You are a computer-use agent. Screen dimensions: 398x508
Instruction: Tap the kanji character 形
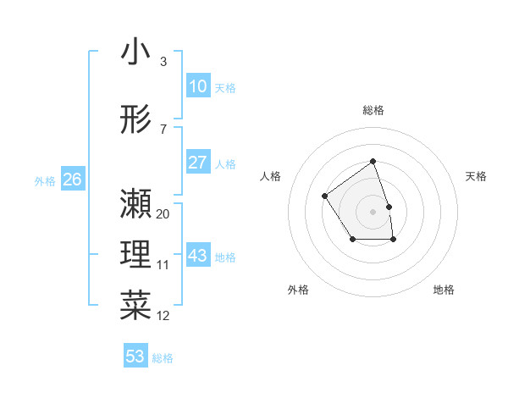coord(135,119)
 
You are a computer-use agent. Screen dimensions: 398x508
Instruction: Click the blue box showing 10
coord(198,86)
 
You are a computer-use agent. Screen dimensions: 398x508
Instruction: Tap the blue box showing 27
coord(198,163)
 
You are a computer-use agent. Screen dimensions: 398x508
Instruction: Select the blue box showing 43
coord(198,256)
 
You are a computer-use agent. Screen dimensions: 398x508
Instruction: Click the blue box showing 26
coord(72,180)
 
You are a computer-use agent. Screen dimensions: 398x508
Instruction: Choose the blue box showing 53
coord(135,357)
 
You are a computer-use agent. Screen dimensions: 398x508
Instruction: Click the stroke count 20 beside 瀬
coord(163,214)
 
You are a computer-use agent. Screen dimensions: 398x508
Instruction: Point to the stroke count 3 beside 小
coord(163,62)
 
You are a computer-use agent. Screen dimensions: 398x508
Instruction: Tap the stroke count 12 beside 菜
coord(163,316)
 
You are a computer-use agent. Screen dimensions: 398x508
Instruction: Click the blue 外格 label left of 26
coord(45,180)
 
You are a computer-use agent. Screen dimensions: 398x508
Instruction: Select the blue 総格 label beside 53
coord(163,358)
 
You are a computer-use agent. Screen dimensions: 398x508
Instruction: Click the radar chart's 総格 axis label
coord(373,110)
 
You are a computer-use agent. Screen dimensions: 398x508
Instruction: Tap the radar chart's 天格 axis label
coord(476,176)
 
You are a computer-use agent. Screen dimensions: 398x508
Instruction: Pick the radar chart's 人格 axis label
coord(271,176)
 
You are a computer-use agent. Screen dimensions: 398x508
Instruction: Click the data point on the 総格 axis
coord(373,162)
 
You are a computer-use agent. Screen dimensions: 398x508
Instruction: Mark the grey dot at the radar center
coord(373,210)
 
